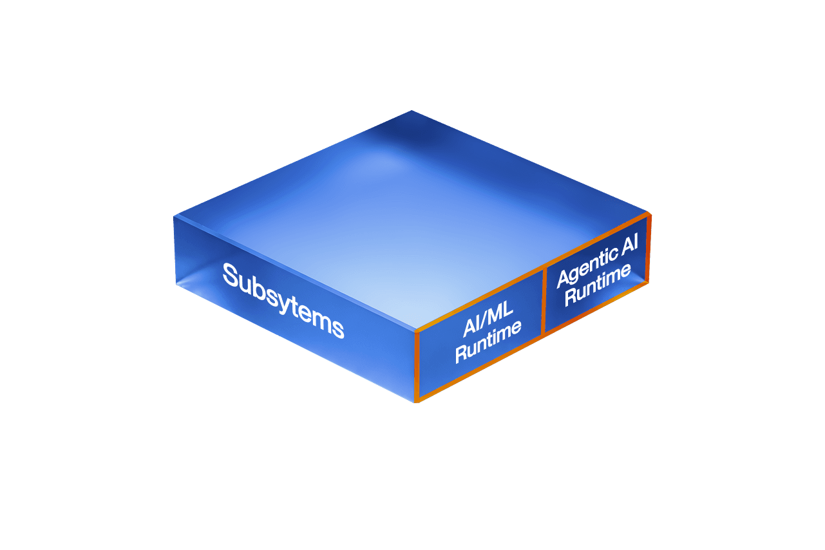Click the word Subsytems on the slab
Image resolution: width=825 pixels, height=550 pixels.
pyautogui.click(x=283, y=300)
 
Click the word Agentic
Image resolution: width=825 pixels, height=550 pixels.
pyautogui.click(x=582, y=270)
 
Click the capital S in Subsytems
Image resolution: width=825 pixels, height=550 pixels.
pyautogui.click(x=231, y=275)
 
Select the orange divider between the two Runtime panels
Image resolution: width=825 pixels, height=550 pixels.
pyautogui.click(x=544, y=301)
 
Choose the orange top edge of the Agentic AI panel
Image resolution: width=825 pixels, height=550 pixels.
pyautogui.click(x=596, y=240)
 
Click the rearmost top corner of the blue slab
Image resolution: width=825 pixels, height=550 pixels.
pyautogui.click(x=411, y=111)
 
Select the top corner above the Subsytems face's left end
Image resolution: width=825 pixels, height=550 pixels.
pyautogui.click(x=175, y=215)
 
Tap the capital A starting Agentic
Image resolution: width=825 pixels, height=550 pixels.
pyautogui.click(x=564, y=279)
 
